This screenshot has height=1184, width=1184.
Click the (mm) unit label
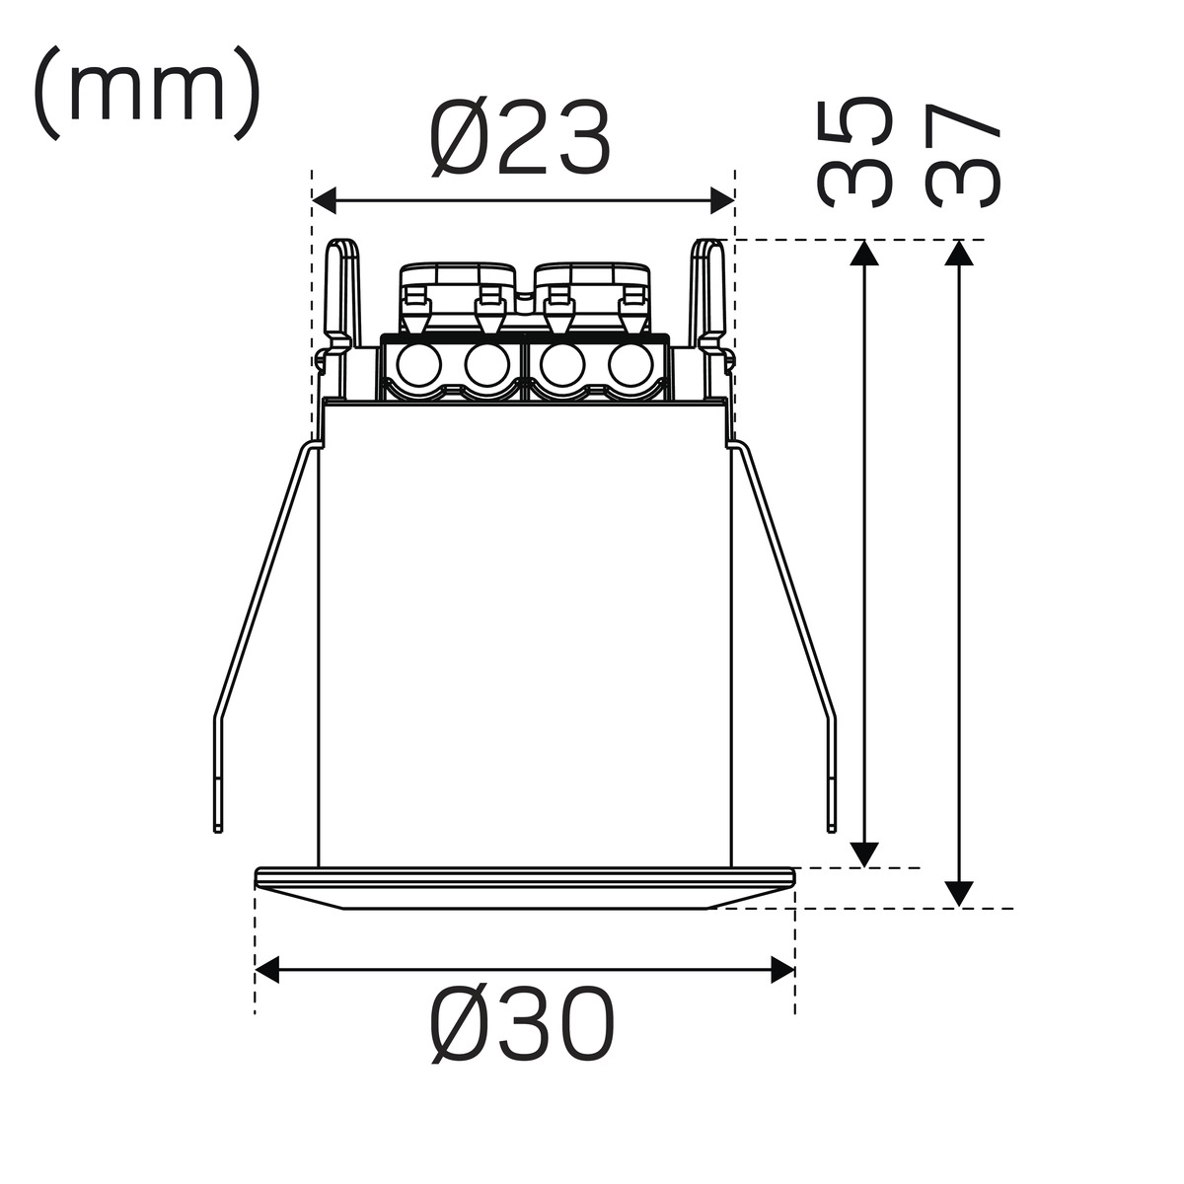[147, 93]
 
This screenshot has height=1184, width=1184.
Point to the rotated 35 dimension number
[853, 152]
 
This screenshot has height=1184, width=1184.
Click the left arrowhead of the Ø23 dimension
[325, 200]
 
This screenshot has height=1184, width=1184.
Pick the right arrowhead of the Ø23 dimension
[722, 200]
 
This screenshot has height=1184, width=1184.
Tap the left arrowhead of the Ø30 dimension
[267, 969]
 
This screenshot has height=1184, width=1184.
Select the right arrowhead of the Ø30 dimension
[782, 969]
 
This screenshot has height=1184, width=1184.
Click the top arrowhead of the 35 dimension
[864, 253]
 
